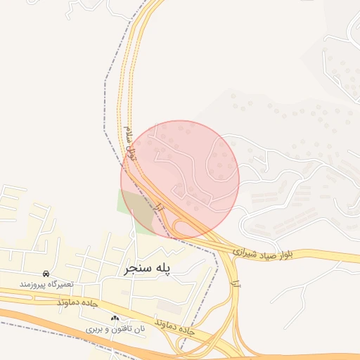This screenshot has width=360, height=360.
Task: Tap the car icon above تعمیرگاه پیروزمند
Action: pyautogui.click(x=46, y=273)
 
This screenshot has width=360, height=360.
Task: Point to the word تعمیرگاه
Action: pyautogui.click(x=62, y=283)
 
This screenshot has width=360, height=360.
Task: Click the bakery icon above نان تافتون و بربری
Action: pyautogui.click(x=115, y=318)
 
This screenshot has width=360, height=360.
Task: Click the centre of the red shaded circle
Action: pyautogui.click(x=180, y=179)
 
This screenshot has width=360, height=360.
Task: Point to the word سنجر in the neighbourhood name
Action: pyautogui.click(x=138, y=268)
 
